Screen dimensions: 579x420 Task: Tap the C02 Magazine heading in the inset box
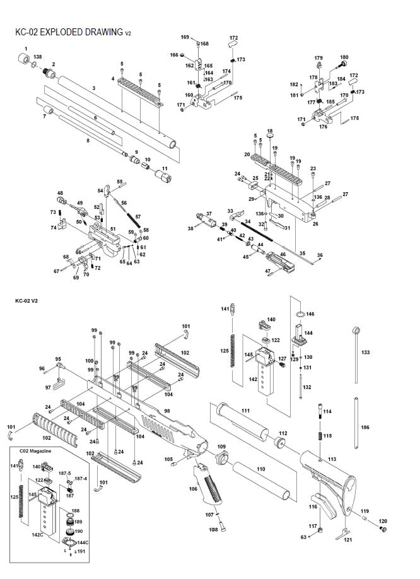point(36,452)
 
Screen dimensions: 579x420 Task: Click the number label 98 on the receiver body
point(167,410)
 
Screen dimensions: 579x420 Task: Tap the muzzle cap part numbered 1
point(25,61)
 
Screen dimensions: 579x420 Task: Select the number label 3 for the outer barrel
point(93,89)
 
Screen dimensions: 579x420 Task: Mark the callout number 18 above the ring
point(269,131)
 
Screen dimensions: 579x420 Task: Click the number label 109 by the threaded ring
point(221,447)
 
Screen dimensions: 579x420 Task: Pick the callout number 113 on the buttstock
point(332,459)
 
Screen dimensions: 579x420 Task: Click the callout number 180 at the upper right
point(344,58)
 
